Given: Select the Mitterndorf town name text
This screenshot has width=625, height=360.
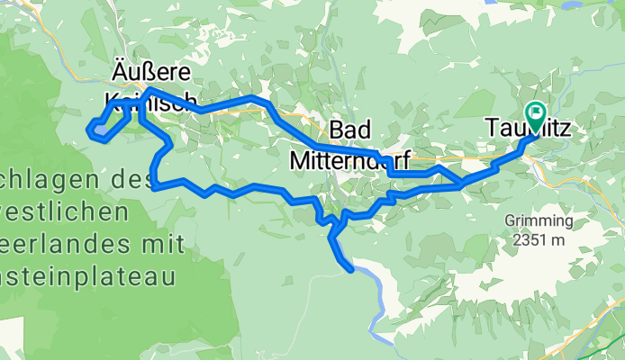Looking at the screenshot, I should [351, 161].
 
